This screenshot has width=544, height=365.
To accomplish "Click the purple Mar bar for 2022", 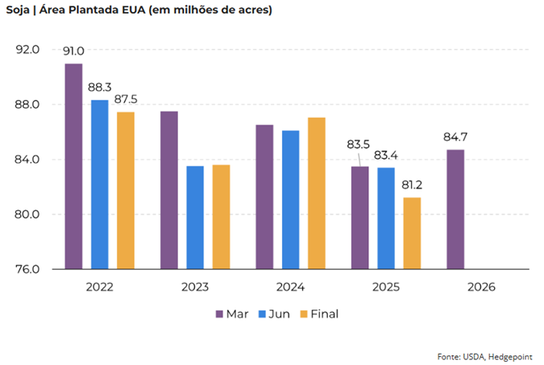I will pos(74,166).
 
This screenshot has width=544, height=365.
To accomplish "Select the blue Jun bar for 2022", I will pos(100,185).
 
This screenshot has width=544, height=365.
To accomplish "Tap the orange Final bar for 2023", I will pos(221,217).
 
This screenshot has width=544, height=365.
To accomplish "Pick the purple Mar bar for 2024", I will pos(264,197).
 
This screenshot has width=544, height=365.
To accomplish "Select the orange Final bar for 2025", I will pos(412,233).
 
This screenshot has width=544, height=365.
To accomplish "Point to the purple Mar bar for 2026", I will pos(455,209).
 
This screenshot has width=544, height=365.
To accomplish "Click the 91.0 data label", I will pos(74,52).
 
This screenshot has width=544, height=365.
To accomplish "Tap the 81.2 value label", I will pos(412,185).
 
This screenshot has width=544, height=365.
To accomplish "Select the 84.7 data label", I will pos(455,137).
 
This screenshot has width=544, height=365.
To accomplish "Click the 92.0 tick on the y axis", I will pos(28,50).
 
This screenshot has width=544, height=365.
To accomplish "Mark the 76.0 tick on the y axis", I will pos(28,269).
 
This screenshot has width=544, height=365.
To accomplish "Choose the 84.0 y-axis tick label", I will pos(28,160).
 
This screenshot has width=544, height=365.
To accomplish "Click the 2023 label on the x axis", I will pos(194,287).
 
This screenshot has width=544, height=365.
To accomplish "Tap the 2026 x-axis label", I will pos(481,287).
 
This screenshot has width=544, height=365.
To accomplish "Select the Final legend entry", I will pos(322,313).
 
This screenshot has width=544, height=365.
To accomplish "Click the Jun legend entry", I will pos(276,313).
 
